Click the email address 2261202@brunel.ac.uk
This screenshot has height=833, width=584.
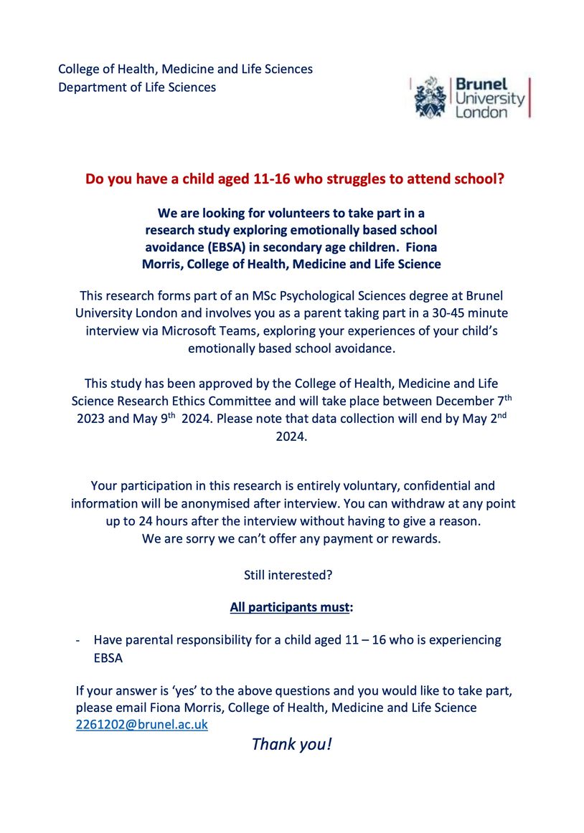click(141, 725)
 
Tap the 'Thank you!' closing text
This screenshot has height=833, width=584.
click(291, 744)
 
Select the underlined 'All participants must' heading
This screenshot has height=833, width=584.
click(289, 607)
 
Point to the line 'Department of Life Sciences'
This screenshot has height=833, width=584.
click(137, 87)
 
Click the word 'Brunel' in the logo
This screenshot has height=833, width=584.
click(481, 85)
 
